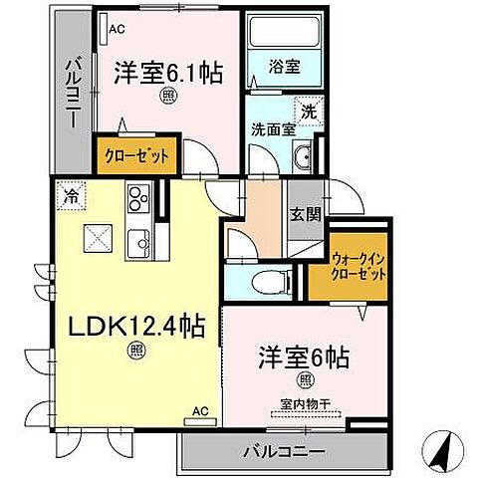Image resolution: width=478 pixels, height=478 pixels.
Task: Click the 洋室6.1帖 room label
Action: pyautogui.click(x=166, y=72)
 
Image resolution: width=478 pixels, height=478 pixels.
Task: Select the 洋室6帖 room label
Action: pyautogui.click(x=298, y=357)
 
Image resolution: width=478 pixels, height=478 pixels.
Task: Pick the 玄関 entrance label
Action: pyautogui.click(x=304, y=213)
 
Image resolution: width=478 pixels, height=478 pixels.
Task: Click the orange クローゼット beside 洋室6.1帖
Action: pyautogui.click(x=138, y=155)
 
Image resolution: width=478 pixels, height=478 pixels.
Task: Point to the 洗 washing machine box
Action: pyautogui.click(x=310, y=113)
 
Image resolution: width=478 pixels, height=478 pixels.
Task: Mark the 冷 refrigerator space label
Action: pyautogui.click(x=71, y=195)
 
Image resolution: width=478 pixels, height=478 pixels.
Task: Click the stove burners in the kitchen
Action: pyautogui.click(x=136, y=200)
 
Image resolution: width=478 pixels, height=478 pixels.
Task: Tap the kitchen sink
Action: pyautogui.click(x=138, y=239)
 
